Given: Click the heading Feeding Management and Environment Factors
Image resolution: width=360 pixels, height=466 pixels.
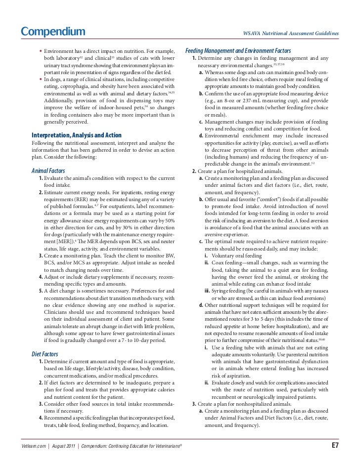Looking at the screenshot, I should [x=238, y=51].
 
